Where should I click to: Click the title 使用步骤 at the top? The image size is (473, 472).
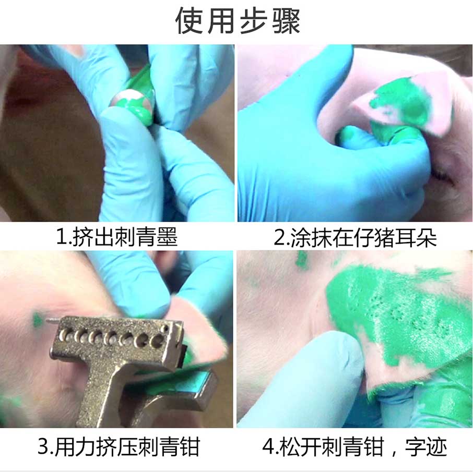tap(238, 21)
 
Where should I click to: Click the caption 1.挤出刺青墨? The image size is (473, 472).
tap(117, 237)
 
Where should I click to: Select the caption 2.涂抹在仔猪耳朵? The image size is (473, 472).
tap(355, 237)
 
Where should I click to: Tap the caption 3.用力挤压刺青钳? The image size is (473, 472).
tap(119, 447)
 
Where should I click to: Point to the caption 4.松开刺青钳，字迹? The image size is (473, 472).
tap(354, 447)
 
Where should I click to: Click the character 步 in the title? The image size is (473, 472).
tap(253, 21)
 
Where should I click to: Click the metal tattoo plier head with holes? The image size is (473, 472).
tap(117, 337)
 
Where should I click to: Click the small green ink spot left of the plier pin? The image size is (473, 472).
tap(38, 320)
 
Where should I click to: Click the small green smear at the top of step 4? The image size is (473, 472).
tap(302, 260)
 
